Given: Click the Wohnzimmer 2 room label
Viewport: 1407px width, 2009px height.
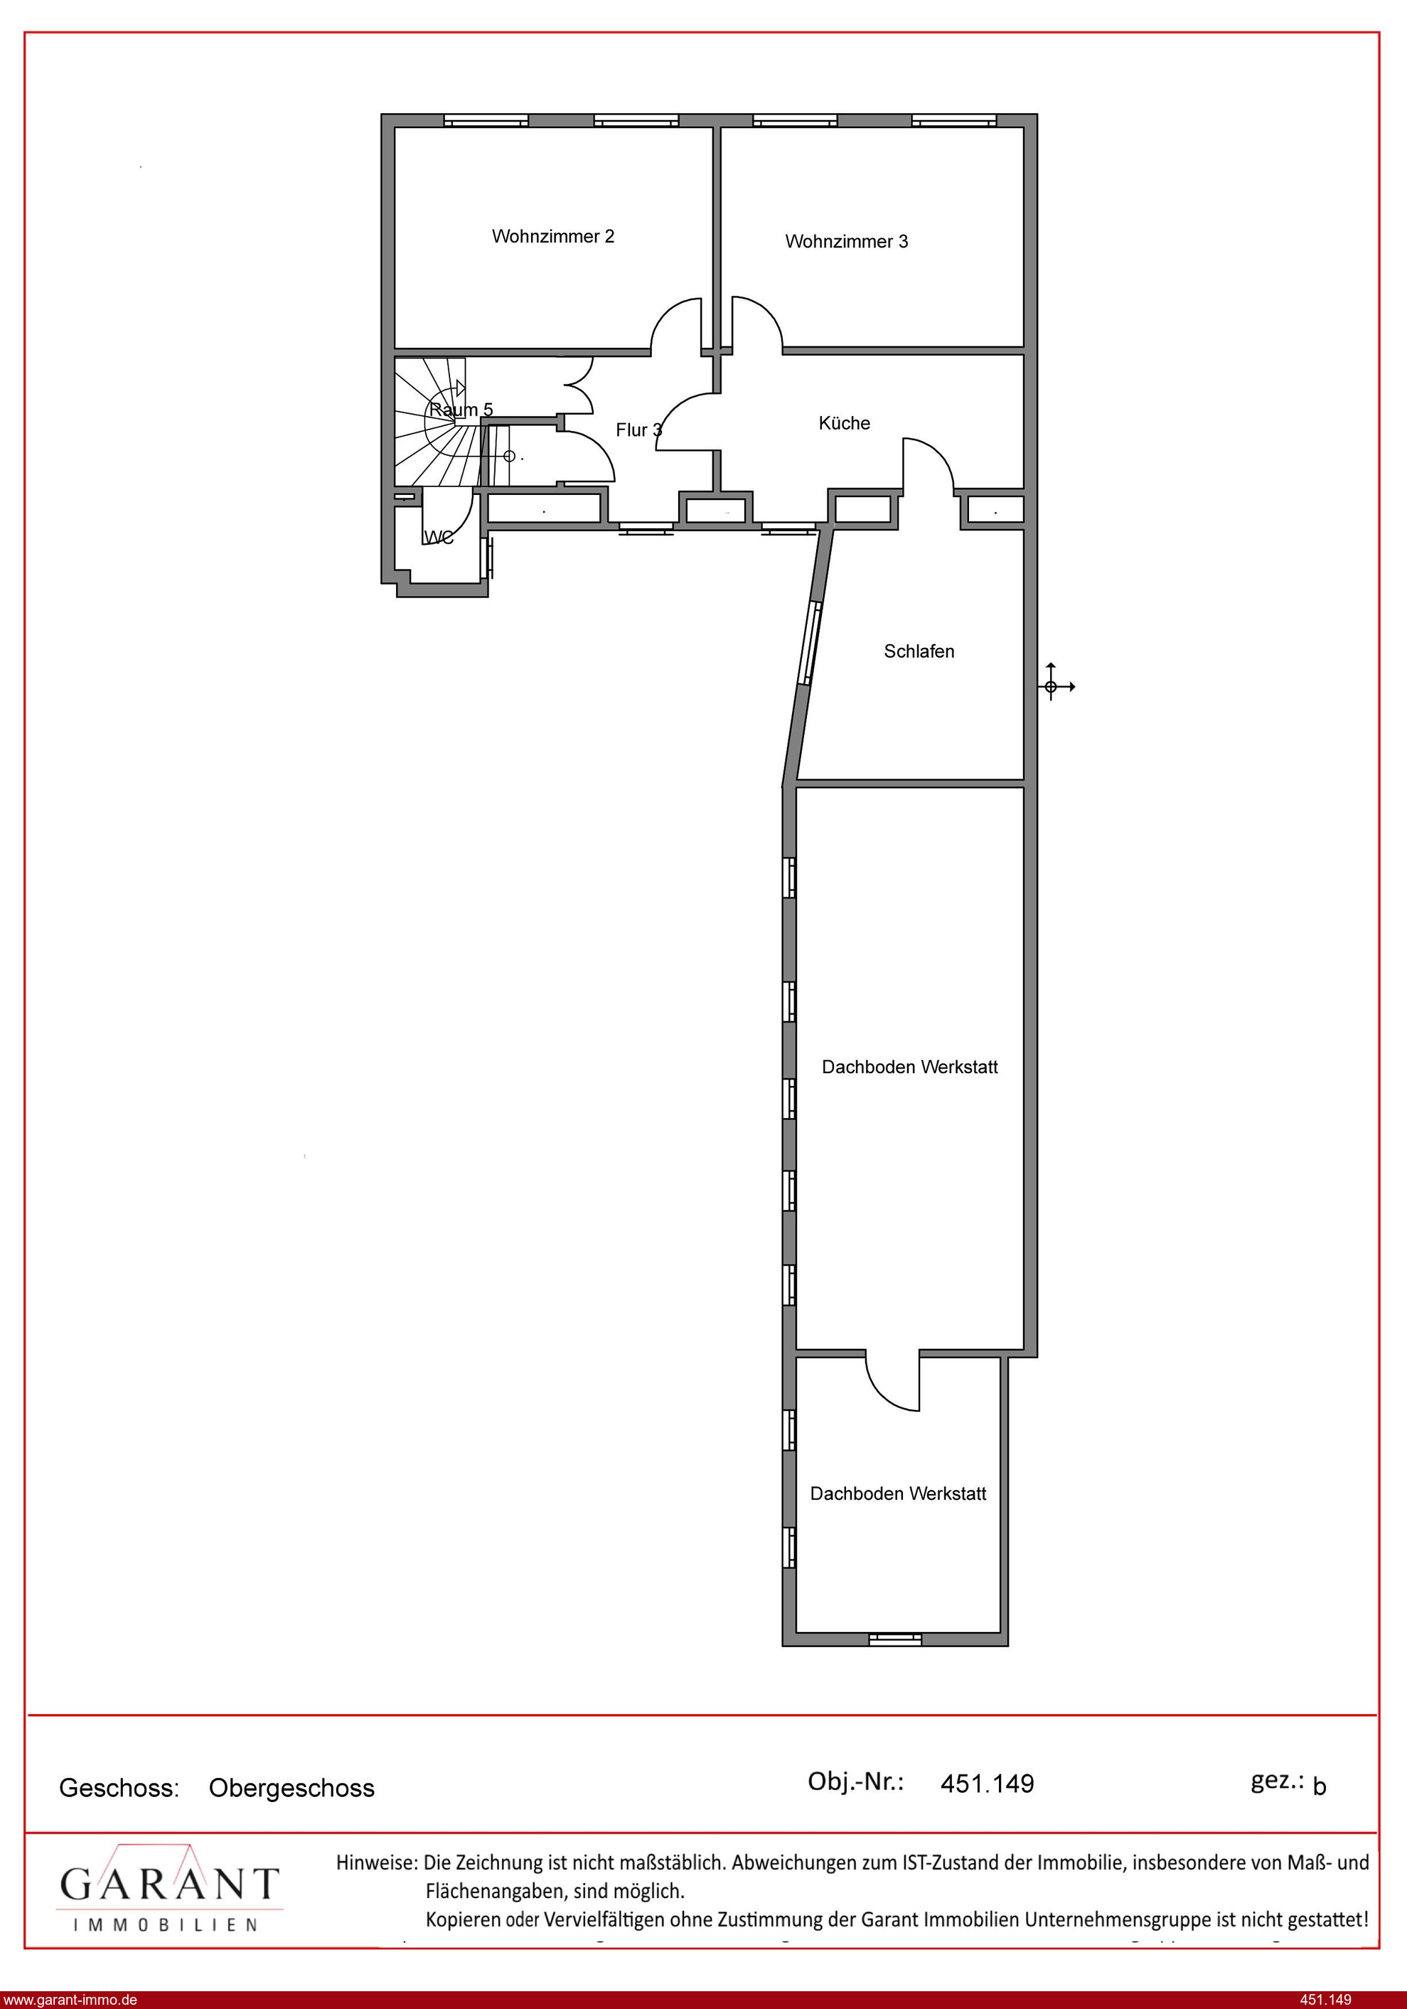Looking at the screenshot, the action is [553, 236].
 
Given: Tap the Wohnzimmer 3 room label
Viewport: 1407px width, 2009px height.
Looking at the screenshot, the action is [846, 242].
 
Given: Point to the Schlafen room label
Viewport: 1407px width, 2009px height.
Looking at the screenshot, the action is [919, 651].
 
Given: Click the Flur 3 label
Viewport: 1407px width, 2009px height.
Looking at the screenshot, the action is [638, 430].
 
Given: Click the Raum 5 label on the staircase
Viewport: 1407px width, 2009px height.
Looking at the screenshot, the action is [461, 410].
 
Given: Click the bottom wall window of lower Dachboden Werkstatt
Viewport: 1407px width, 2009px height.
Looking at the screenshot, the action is [895, 1639].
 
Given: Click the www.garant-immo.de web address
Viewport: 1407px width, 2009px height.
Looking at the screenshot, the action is [70, 1999].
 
